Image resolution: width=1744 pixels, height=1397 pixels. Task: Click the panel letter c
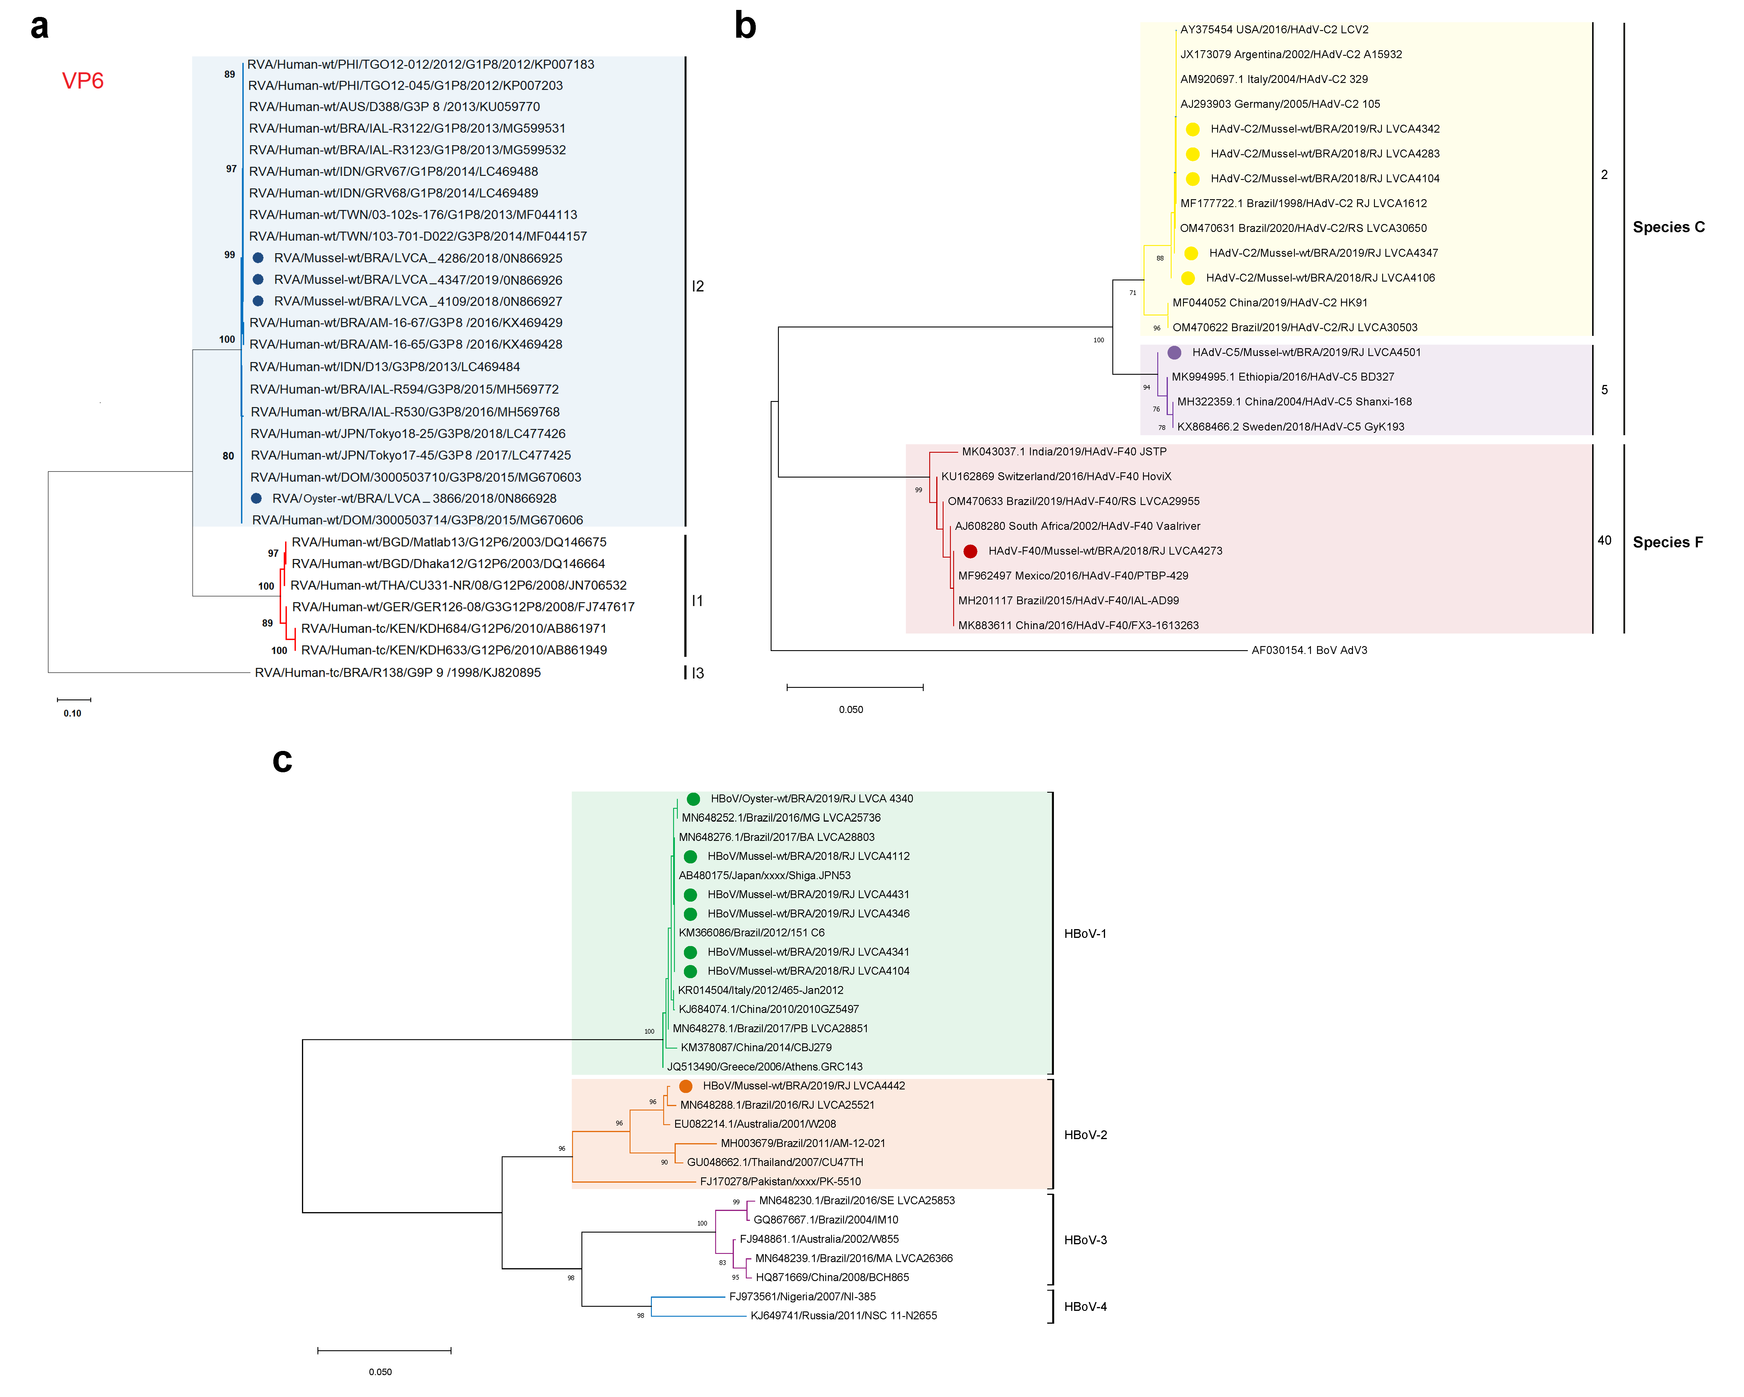point(282,760)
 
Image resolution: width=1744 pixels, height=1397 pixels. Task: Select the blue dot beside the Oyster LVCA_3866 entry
point(256,498)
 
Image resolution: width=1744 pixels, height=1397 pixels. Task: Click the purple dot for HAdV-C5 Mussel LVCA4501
point(1174,353)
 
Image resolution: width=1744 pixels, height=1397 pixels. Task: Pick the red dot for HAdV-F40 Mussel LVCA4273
point(970,551)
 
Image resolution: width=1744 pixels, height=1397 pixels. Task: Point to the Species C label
point(1668,227)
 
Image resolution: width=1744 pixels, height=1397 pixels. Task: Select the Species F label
point(1667,542)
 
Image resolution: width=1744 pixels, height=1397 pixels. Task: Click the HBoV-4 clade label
point(1085,1306)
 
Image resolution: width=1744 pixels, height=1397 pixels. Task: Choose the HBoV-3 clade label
point(1085,1240)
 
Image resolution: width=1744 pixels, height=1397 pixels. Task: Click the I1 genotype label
point(697,601)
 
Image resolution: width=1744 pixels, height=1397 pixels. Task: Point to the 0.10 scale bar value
point(72,714)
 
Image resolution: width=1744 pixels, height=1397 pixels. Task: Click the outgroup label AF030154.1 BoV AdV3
point(1309,650)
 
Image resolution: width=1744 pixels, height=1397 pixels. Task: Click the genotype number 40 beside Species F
point(1604,540)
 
